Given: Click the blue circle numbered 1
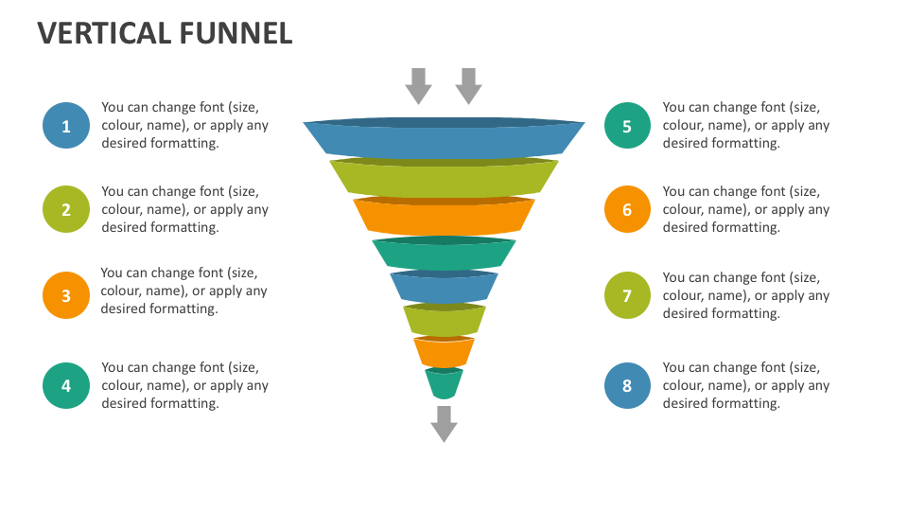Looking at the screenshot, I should [66, 126].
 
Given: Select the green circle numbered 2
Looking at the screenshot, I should [66, 210].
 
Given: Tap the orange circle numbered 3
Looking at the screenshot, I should [66, 295].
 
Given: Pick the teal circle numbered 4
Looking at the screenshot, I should [66, 385].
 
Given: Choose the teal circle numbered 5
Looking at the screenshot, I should [627, 126].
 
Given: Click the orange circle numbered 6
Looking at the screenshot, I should [627, 210].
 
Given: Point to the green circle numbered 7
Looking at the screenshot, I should [627, 295].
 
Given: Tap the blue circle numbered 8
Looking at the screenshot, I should [627, 385].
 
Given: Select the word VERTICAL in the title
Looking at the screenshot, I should [103, 34].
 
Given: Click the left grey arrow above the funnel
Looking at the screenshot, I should [418, 86].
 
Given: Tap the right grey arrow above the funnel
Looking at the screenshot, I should [468, 86].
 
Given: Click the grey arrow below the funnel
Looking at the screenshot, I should [444, 423].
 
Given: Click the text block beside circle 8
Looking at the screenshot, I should [745, 385].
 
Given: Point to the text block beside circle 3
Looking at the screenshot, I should [183, 291].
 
